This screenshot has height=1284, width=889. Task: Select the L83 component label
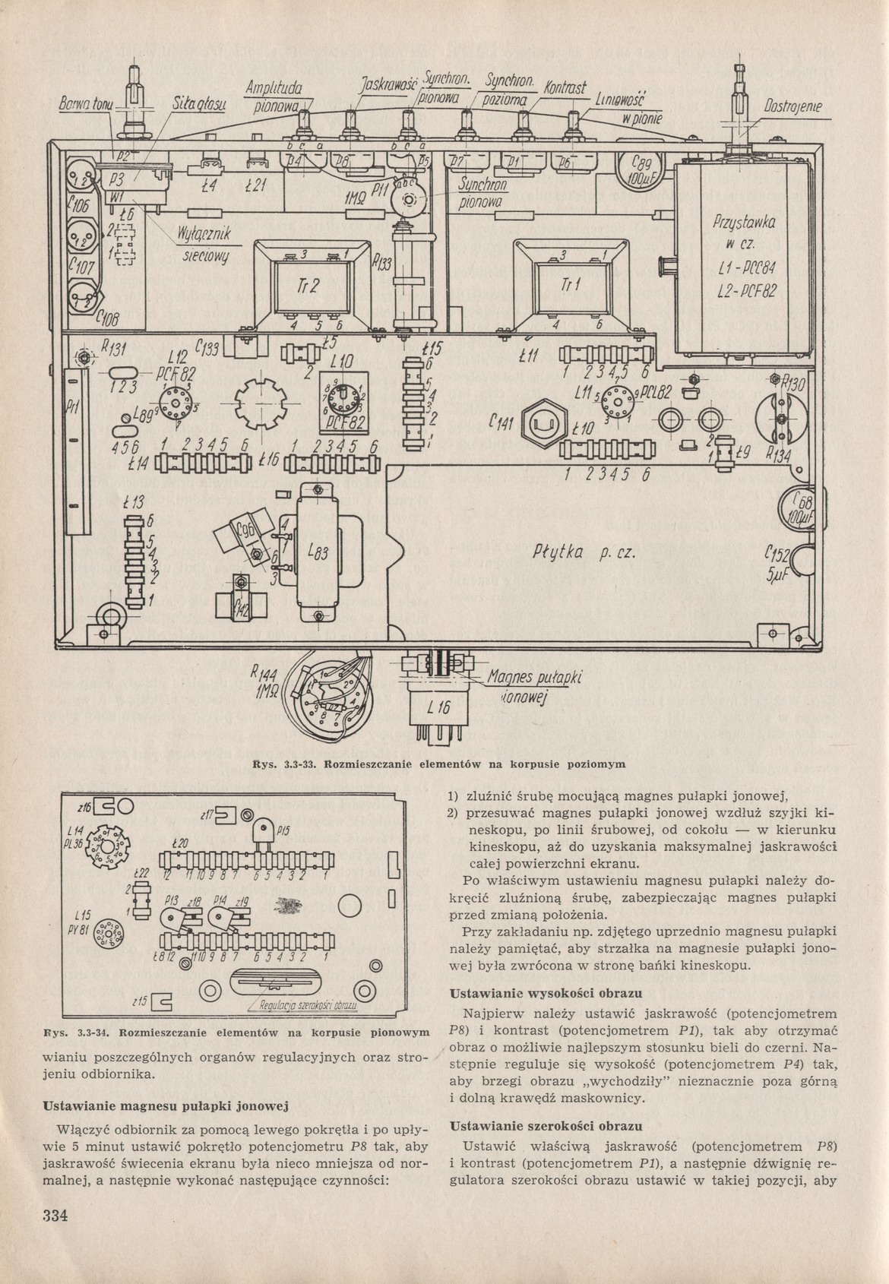click(x=318, y=554)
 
